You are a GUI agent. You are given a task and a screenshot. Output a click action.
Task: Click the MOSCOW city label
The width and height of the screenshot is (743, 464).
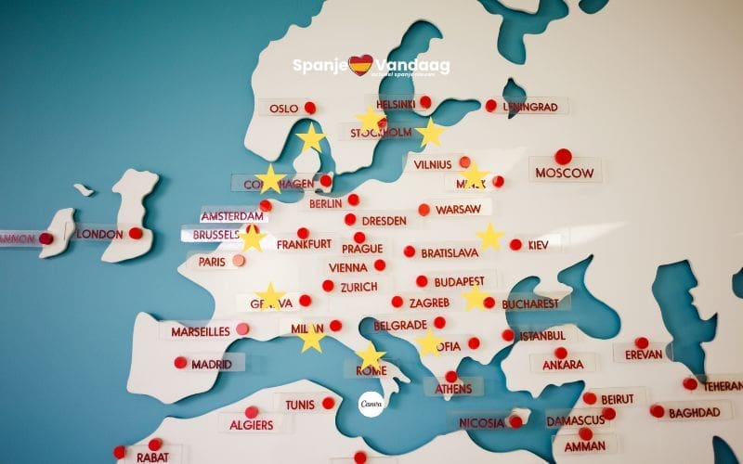click(565, 173)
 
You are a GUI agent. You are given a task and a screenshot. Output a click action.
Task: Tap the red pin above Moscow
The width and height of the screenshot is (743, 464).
click(563, 156)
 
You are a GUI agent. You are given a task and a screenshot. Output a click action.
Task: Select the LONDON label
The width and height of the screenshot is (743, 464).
click(99, 234)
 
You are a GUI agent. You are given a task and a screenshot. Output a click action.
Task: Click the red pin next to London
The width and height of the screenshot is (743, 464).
click(136, 233)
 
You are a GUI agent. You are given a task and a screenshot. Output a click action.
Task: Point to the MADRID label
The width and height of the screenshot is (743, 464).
click(212, 364)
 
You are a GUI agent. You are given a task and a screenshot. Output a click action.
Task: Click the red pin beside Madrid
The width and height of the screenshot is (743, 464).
click(180, 362)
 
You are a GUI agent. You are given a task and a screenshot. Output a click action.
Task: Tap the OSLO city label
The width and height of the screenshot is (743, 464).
click(283, 109)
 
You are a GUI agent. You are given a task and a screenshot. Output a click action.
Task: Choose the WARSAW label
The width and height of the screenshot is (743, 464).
click(458, 210)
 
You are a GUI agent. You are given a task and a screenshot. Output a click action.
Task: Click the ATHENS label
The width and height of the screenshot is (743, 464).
click(453, 389)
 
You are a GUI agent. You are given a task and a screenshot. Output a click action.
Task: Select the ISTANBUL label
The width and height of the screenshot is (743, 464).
click(543, 335)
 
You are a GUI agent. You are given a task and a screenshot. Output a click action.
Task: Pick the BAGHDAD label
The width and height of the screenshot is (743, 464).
click(693, 412)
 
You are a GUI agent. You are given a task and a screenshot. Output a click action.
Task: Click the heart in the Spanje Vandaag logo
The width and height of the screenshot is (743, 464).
click(360, 65)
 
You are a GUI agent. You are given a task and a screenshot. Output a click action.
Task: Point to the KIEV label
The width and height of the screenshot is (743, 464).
click(539, 245)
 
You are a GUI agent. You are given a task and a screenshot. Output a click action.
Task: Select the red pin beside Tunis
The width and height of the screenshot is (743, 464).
click(328, 403)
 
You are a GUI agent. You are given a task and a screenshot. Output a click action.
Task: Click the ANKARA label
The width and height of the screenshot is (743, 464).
click(563, 365)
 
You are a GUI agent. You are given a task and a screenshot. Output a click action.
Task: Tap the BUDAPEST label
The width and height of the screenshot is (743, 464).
click(459, 281)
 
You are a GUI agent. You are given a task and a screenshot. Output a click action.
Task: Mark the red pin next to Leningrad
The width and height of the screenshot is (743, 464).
click(491, 106)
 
